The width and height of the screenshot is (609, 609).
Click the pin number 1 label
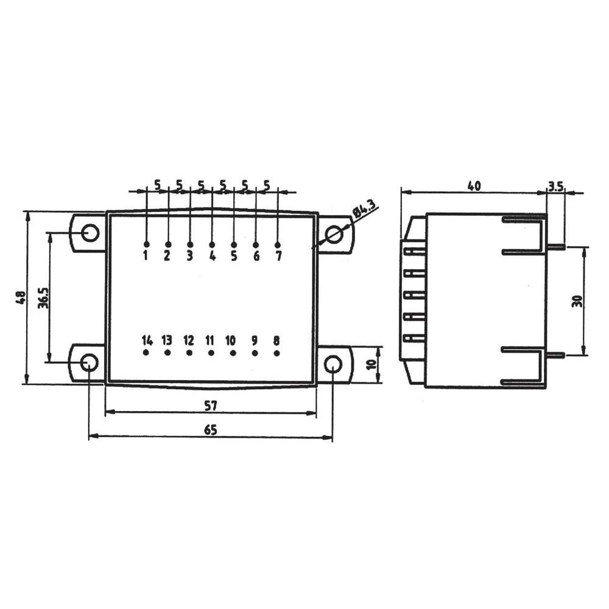coord(146,256)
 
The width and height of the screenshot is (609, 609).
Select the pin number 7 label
coord(278,256)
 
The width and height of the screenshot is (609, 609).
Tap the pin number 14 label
coord(147,340)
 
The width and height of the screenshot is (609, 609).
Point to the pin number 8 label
coord(276,340)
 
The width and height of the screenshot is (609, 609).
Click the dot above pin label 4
coord(212,244)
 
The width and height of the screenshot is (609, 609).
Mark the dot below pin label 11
coord(211,353)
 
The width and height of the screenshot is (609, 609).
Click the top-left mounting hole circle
coord(90,233)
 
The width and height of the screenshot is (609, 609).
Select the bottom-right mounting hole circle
coord(333,364)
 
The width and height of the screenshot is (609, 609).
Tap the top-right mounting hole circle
coord(333,234)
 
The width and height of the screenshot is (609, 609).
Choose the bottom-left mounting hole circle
coord(89,363)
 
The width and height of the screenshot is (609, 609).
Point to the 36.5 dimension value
coord(43,298)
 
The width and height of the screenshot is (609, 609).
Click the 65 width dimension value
coord(210,429)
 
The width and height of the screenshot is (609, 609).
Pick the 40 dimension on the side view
coord(474,186)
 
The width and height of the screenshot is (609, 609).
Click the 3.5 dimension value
coord(555,186)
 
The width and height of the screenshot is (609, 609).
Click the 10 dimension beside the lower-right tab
coord(371,365)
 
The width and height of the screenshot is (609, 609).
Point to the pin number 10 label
coord(230,340)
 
